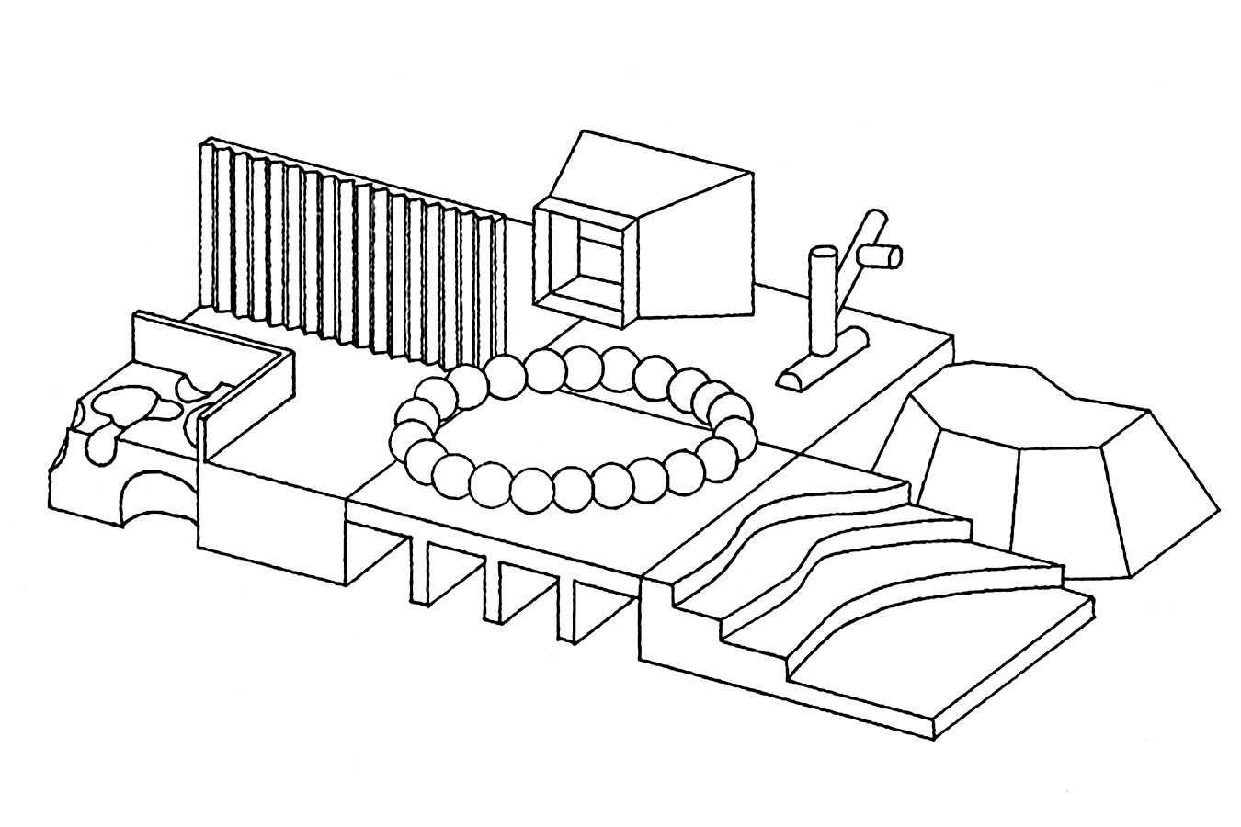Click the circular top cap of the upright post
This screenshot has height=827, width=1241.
(821, 250)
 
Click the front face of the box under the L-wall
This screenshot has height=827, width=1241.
(271, 524)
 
